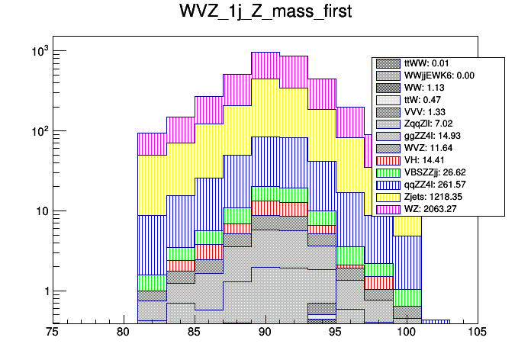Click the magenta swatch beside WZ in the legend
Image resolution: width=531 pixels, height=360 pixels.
coord(387,209)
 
